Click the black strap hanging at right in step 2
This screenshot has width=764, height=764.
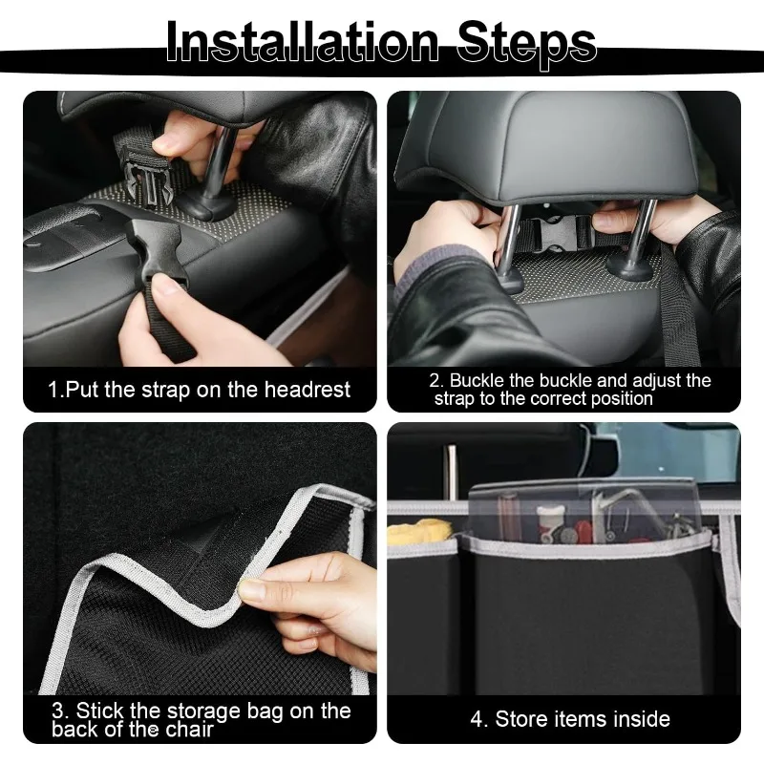(680, 306)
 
